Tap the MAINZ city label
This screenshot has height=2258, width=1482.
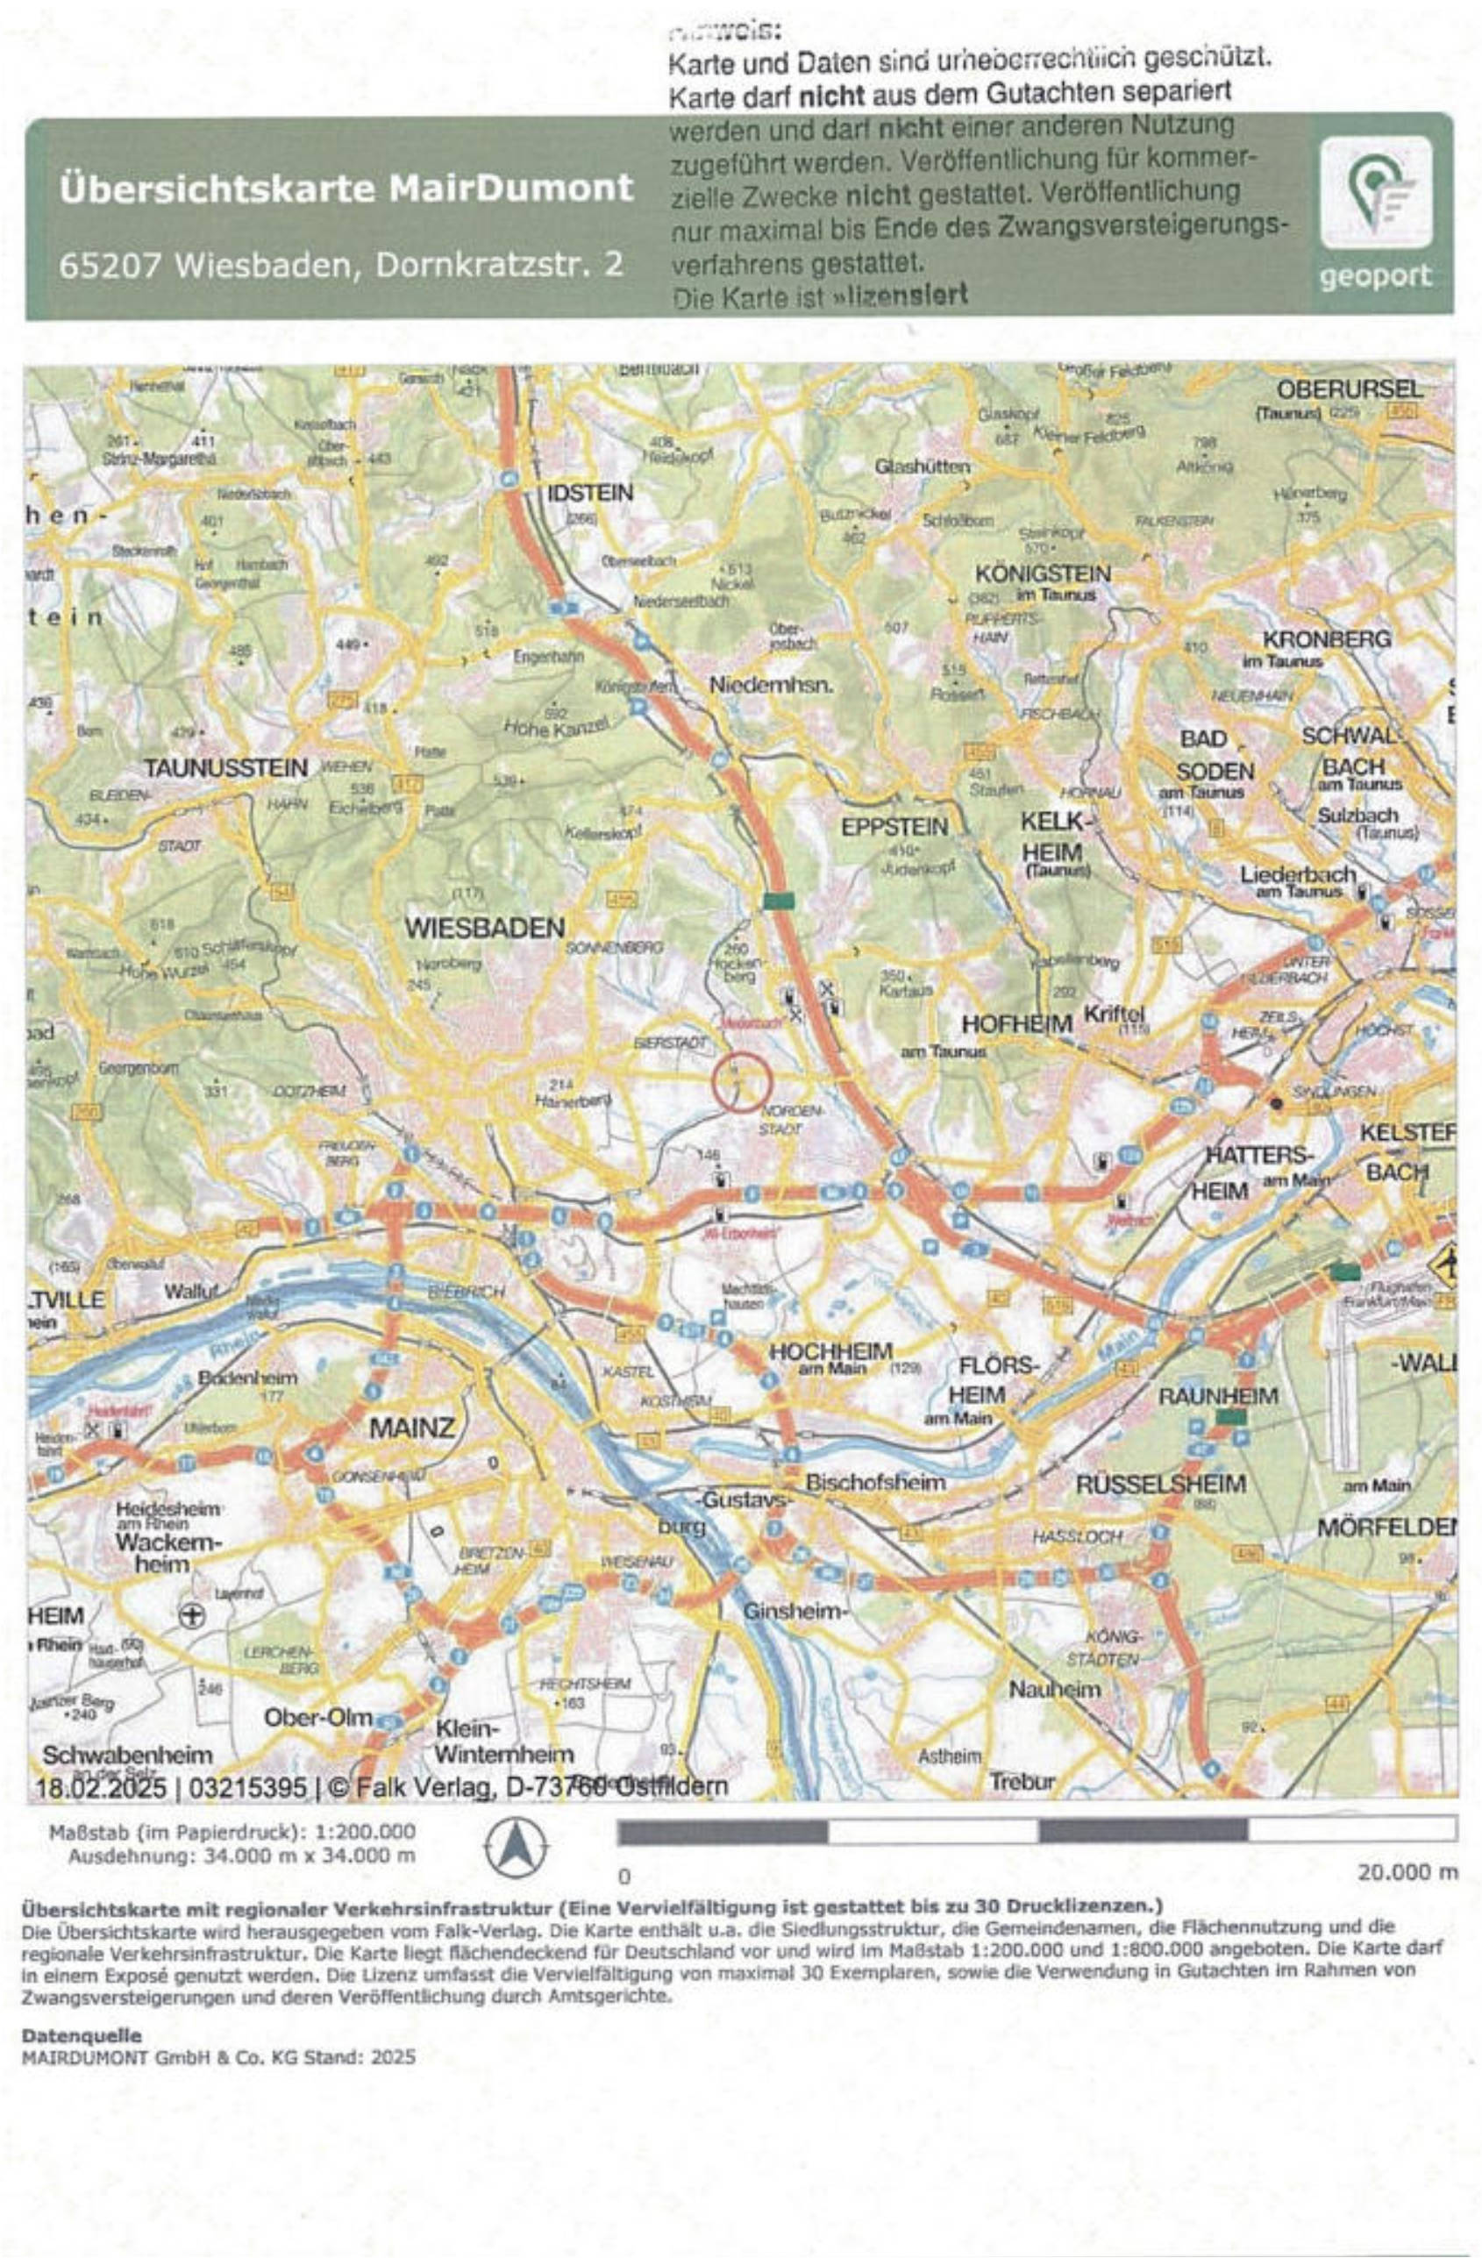click(412, 1426)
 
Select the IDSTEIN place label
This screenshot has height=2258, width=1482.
click(589, 494)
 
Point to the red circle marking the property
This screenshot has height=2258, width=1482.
click(742, 1081)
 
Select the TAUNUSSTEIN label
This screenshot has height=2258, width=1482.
click(226, 767)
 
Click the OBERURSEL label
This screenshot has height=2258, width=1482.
click(1350, 390)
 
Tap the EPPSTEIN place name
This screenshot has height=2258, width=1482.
click(894, 826)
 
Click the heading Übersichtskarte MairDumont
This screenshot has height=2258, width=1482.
click(346, 187)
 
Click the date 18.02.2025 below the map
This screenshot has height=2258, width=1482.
click(101, 1787)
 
